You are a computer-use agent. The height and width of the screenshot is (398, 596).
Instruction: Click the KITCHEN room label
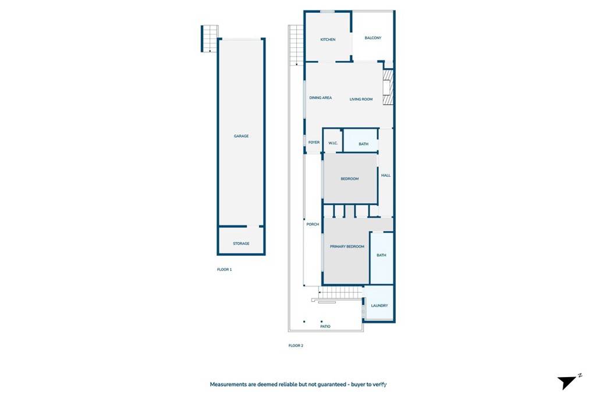[x=328, y=40]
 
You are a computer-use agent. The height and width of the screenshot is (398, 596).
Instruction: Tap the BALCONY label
[x=373, y=38]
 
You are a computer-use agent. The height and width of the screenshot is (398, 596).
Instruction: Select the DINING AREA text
[x=320, y=98]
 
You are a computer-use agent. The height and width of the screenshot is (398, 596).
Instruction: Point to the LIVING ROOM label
[x=361, y=99]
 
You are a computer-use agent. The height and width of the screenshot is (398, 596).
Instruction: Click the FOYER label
[x=314, y=142]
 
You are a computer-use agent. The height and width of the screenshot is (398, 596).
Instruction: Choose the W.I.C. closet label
[x=333, y=143]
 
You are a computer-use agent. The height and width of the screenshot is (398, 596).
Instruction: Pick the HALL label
[x=385, y=175]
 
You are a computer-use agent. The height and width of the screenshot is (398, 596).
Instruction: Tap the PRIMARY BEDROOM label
[x=347, y=246]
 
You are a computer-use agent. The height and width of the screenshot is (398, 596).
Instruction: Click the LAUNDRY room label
[x=379, y=305]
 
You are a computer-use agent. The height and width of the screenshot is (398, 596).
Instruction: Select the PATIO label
[x=325, y=326]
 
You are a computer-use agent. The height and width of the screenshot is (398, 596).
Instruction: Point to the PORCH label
[x=313, y=224]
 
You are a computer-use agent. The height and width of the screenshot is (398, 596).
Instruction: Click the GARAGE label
[x=241, y=136]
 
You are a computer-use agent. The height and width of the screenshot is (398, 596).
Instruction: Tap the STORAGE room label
[x=241, y=243]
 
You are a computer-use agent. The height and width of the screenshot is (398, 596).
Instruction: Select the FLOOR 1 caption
[x=224, y=269]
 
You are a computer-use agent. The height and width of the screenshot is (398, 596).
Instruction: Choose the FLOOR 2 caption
[x=296, y=346]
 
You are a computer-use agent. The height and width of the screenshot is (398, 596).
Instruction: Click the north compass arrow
[x=568, y=382]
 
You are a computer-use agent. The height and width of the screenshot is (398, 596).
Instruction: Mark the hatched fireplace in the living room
[x=388, y=87]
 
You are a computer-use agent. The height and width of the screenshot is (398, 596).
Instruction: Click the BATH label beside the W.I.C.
[x=363, y=144]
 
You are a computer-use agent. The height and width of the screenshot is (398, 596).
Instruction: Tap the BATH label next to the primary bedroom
[x=381, y=255]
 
